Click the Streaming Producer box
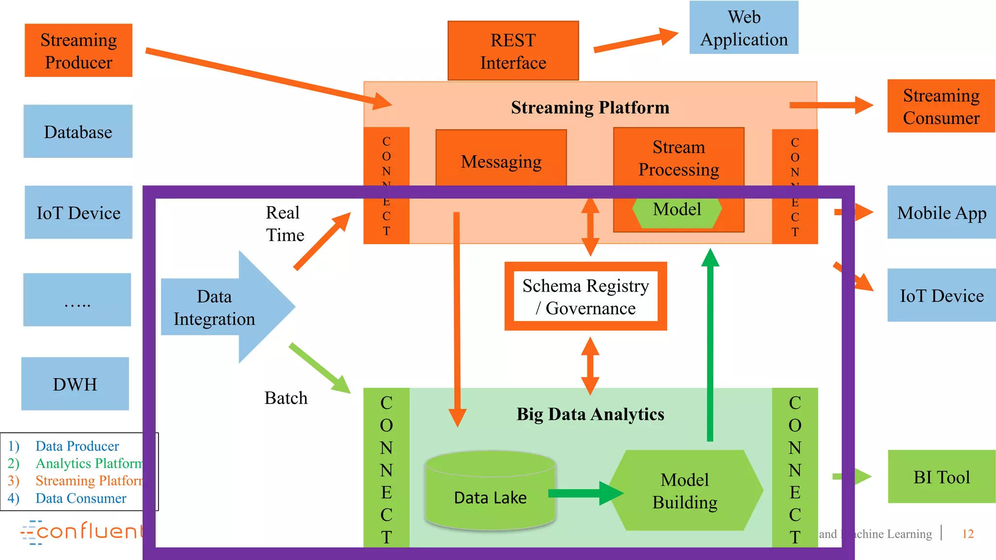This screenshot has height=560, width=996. click(78, 51)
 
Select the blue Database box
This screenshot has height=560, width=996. click(78, 131)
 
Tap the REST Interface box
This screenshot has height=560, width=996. click(513, 51)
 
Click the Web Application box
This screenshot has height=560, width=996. click(744, 28)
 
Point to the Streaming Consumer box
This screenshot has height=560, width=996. click(941, 106)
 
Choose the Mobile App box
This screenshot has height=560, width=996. click(941, 212)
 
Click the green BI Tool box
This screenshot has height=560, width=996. click(941, 476)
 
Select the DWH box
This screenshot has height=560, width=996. click(75, 384)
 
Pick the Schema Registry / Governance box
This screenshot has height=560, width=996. click(586, 297)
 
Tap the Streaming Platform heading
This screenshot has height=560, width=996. click(590, 107)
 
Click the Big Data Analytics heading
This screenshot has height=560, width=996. click(590, 414)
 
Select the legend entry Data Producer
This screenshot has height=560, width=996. click(77, 446)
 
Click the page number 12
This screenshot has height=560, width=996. click(968, 534)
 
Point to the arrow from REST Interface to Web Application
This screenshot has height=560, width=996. click(635, 40)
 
